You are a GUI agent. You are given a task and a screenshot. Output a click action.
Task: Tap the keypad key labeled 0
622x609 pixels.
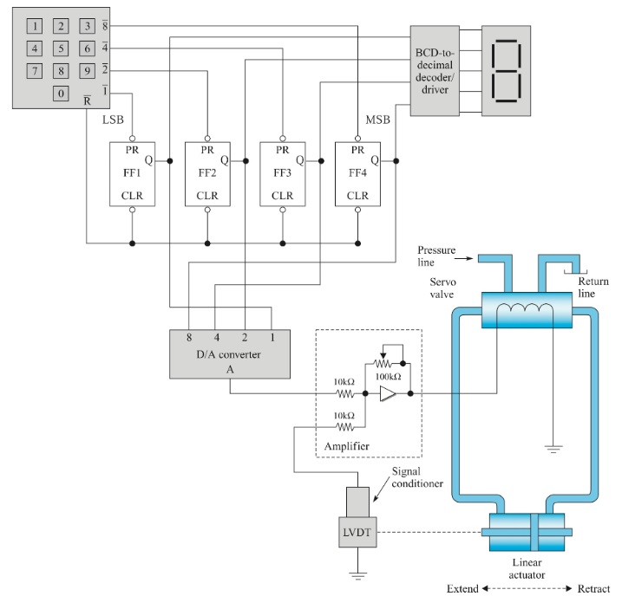pos(61,94)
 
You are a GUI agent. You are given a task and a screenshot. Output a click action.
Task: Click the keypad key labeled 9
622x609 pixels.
pos(87,70)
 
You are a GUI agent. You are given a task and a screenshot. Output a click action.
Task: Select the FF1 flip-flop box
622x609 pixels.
pos(132,172)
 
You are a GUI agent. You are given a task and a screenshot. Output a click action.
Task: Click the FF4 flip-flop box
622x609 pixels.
pos(357,172)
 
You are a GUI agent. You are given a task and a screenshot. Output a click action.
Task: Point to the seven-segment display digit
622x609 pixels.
pos(507,70)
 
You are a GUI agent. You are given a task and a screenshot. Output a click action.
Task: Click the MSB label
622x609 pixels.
pos(378,117)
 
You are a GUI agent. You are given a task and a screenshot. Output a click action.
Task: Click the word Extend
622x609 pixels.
pos(462,589)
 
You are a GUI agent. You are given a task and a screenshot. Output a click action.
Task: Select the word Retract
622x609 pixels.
pos(593,589)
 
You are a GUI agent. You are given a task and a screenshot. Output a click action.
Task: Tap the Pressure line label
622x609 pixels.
pos(435,254)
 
